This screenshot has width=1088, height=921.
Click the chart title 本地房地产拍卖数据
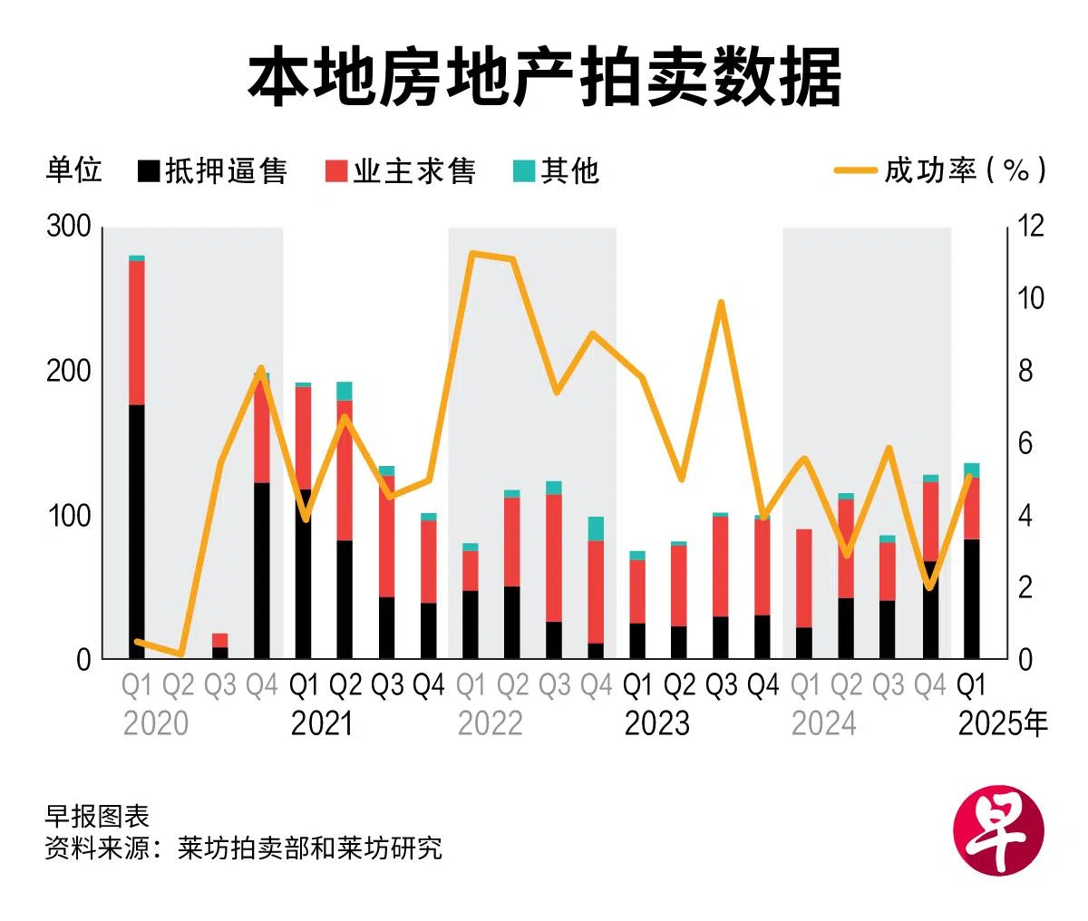[544, 80]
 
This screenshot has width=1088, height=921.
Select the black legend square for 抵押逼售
[150, 170]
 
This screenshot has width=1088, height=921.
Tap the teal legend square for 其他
[525, 170]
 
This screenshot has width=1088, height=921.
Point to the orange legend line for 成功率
[855, 170]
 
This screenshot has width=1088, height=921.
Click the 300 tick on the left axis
[69, 227]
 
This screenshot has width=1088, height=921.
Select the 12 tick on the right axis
[1030, 227]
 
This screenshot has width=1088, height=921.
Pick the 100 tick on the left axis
[69, 516]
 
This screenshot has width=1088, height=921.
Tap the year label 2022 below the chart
[491, 723]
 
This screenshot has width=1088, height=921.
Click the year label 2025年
[1003, 723]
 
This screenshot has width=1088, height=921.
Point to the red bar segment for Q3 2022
[554, 557]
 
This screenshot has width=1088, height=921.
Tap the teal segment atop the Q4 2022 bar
[596, 528]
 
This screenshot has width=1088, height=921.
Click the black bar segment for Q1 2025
[971, 598]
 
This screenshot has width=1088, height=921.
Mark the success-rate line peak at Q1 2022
[471, 253]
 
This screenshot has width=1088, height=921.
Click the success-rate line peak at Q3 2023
[722, 303]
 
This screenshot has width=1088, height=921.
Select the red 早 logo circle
[999, 831]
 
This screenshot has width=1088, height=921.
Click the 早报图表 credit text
[97, 816]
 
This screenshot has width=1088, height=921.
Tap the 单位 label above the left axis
[73, 170]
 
